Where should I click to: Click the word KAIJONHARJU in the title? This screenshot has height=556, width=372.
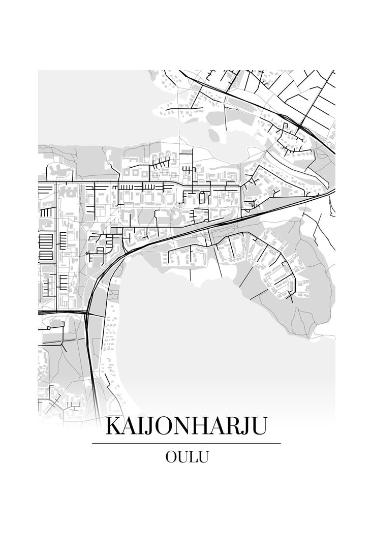(186, 426)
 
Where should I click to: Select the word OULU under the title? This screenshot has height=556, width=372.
(187, 457)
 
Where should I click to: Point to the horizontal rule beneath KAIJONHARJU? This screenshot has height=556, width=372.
(186, 443)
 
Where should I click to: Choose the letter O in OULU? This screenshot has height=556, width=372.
(170, 457)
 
